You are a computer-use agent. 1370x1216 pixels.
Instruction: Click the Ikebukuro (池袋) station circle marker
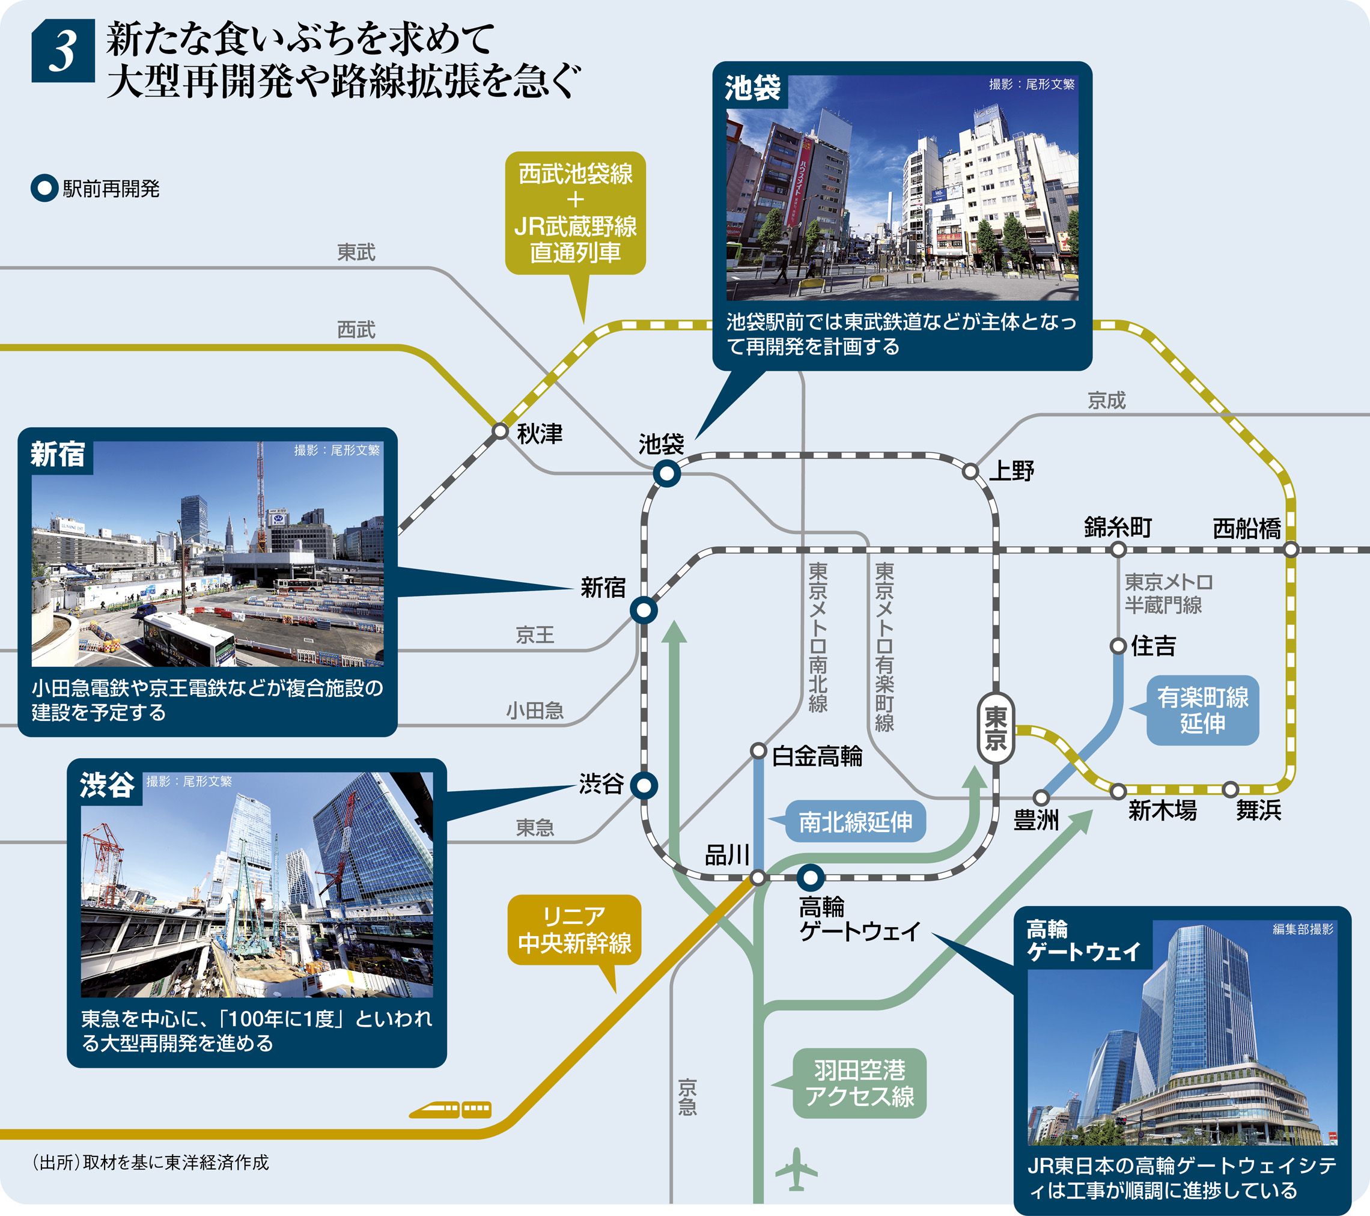667,475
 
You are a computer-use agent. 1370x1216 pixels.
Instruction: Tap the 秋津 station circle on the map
500,430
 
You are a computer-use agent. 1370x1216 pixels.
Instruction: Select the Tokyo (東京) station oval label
995,729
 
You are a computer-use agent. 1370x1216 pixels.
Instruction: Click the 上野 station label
1012,471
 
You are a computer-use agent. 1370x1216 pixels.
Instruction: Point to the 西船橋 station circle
1291,550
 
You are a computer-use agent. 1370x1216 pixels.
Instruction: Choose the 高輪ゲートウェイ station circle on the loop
811,876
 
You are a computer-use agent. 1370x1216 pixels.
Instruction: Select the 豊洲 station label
1035,820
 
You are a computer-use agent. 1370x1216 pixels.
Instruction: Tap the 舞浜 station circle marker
1230,789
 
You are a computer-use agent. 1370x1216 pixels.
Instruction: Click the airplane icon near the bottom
796,1170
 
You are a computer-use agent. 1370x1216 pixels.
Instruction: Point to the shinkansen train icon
451,1110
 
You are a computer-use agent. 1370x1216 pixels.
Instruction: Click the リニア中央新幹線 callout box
574,930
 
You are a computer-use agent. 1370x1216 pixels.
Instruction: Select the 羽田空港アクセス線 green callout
859,1083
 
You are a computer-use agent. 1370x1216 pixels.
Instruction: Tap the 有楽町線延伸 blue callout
1202,711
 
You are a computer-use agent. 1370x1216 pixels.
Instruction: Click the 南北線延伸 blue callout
855,821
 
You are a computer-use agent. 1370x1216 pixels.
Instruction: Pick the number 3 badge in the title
63,52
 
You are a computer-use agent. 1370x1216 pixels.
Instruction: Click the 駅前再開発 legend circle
44,189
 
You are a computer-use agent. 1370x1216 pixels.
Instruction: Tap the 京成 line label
1107,400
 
